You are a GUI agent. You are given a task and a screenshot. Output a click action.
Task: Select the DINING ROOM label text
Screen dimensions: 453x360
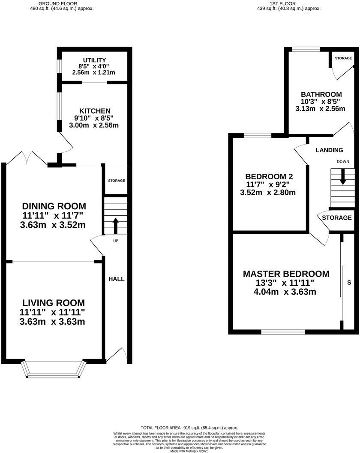tap(54, 206)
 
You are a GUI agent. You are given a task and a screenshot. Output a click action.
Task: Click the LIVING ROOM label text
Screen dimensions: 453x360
tap(54, 303)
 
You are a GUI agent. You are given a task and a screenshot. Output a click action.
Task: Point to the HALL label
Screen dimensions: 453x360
tap(116, 279)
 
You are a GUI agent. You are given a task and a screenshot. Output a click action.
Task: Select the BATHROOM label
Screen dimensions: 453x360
tap(321, 94)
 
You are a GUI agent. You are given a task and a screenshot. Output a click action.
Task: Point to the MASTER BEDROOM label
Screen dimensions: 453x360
tap(286, 274)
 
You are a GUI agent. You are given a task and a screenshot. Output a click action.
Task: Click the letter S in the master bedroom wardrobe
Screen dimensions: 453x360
tap(349, 283)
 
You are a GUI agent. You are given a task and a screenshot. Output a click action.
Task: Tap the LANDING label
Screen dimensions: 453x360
tap(329, 150)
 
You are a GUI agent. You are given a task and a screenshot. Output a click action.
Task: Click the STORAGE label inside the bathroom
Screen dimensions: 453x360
tap(343, 58)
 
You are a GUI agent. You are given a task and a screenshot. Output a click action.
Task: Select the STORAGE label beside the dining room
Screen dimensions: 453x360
tap(116, 181)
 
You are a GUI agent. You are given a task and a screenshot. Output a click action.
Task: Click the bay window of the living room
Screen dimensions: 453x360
tap(54, 369)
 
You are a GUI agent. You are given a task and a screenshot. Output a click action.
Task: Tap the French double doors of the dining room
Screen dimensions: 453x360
tap(27, 158)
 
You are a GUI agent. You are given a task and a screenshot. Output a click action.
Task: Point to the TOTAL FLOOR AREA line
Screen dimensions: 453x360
tap(189, 428)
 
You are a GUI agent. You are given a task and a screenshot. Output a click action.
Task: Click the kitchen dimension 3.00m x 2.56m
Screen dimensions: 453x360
tap(94, 126)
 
